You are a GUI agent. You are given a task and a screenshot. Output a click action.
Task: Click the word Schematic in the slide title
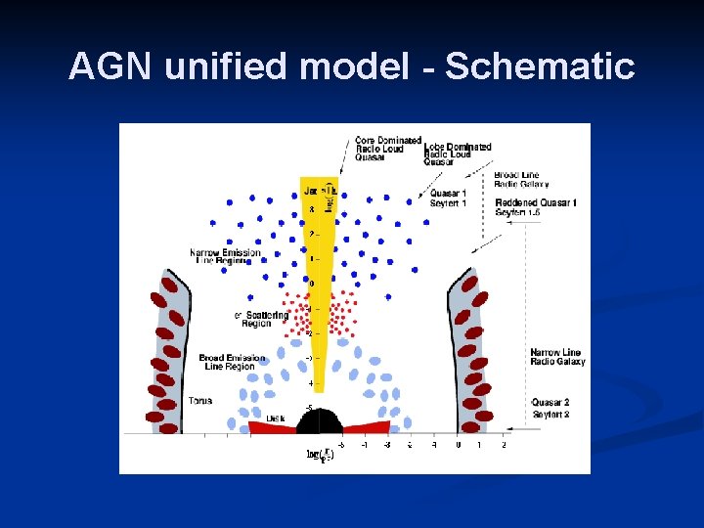point(540,67)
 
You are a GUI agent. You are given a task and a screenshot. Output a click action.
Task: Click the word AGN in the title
point(111,67)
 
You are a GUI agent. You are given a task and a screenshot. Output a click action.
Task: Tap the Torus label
point(201,401)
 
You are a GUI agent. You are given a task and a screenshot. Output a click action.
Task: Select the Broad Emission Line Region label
point(232,362)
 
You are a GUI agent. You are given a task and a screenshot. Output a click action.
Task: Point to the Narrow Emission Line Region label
point(226,256)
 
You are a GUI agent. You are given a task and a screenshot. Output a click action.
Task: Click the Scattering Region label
point(262,319)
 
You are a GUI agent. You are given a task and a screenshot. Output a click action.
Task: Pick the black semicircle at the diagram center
point(318,421)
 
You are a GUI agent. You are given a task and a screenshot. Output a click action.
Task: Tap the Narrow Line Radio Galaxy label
point(557,357)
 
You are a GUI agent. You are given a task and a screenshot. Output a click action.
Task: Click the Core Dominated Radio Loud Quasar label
point(387,148)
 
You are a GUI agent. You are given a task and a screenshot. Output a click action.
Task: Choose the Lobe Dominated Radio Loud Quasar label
point(457,154)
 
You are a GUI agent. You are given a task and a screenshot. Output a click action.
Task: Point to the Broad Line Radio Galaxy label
point(522,180)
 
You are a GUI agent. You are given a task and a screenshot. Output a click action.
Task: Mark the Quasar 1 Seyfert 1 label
point(449,198)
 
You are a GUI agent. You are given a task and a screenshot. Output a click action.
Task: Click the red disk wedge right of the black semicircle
point(368,426)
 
